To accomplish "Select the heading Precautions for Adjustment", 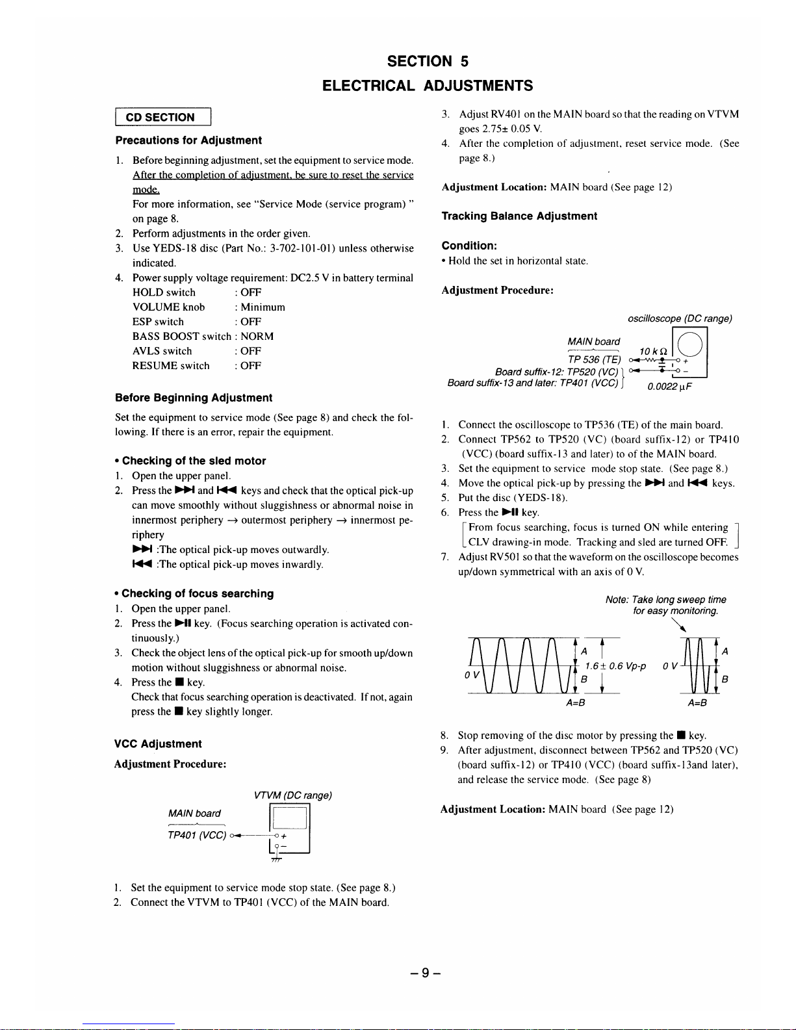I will coord(188,140).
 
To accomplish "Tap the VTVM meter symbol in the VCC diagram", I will coord(289,828).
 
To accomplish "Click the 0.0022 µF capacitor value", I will coord(670,387).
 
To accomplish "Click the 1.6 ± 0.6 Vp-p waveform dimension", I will coord(615,666).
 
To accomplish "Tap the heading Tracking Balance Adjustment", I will coord(519,216).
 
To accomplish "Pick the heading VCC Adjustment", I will coord(158,744).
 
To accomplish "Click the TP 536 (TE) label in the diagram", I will coord(594,360).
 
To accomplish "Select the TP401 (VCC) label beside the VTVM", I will coord(197,835).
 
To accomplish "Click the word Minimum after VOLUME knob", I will coord(263,307).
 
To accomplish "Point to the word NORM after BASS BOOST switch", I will coord(257,337).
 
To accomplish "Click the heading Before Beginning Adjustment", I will coord(194,398).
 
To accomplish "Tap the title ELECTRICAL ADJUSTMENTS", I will coord(428,86).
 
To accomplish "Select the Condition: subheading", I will coord(469,246).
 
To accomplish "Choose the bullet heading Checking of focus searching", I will coord(198,593).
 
